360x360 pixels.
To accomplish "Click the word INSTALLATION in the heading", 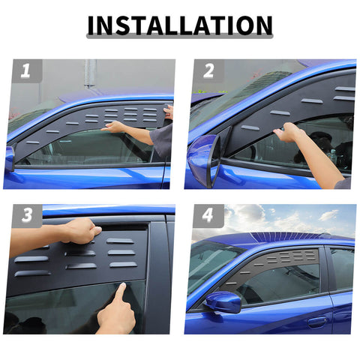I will point(180,25).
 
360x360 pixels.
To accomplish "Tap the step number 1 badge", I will point(25,71).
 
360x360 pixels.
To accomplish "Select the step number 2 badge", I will point(208,71).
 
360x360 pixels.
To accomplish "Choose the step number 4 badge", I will point(208,215).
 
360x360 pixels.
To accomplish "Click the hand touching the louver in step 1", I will point(115,127).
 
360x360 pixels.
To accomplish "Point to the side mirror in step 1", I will point(9,158).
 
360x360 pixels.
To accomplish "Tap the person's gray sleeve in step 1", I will point(163,139).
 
